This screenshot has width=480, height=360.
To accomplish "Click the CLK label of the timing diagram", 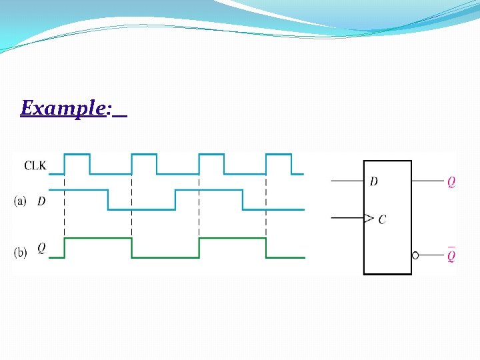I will tap(35, 165).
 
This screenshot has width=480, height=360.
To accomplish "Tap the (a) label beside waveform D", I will tap(21, 201).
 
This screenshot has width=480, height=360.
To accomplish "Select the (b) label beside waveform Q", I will tap(21, 252).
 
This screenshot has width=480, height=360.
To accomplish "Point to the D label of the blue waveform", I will tap(41, 201).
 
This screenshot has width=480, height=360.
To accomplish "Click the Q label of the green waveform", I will tap(41, 249).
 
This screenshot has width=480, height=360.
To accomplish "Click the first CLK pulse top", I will tap(77, 155).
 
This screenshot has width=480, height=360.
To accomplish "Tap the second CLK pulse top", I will tap(144, 155).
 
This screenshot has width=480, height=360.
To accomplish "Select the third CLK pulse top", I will tap(211, 155).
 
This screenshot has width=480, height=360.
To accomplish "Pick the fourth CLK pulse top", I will tap(279, 155).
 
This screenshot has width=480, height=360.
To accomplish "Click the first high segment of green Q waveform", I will tap(98, 239).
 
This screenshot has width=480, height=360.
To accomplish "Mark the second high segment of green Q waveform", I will tap(232, 239).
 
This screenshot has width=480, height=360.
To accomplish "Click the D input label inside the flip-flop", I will tap(374, 181).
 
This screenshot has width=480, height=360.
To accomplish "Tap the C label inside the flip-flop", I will tap(382, 219).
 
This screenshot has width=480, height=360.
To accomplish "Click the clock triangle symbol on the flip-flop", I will tap(368, 218).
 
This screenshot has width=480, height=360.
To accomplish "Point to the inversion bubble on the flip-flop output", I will tap(415, 255).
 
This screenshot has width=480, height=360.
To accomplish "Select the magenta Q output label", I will tap(451, 182).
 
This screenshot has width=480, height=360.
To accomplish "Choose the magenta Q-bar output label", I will tap(451, 255).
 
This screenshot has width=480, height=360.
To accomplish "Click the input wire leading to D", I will tap(347, 181).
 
